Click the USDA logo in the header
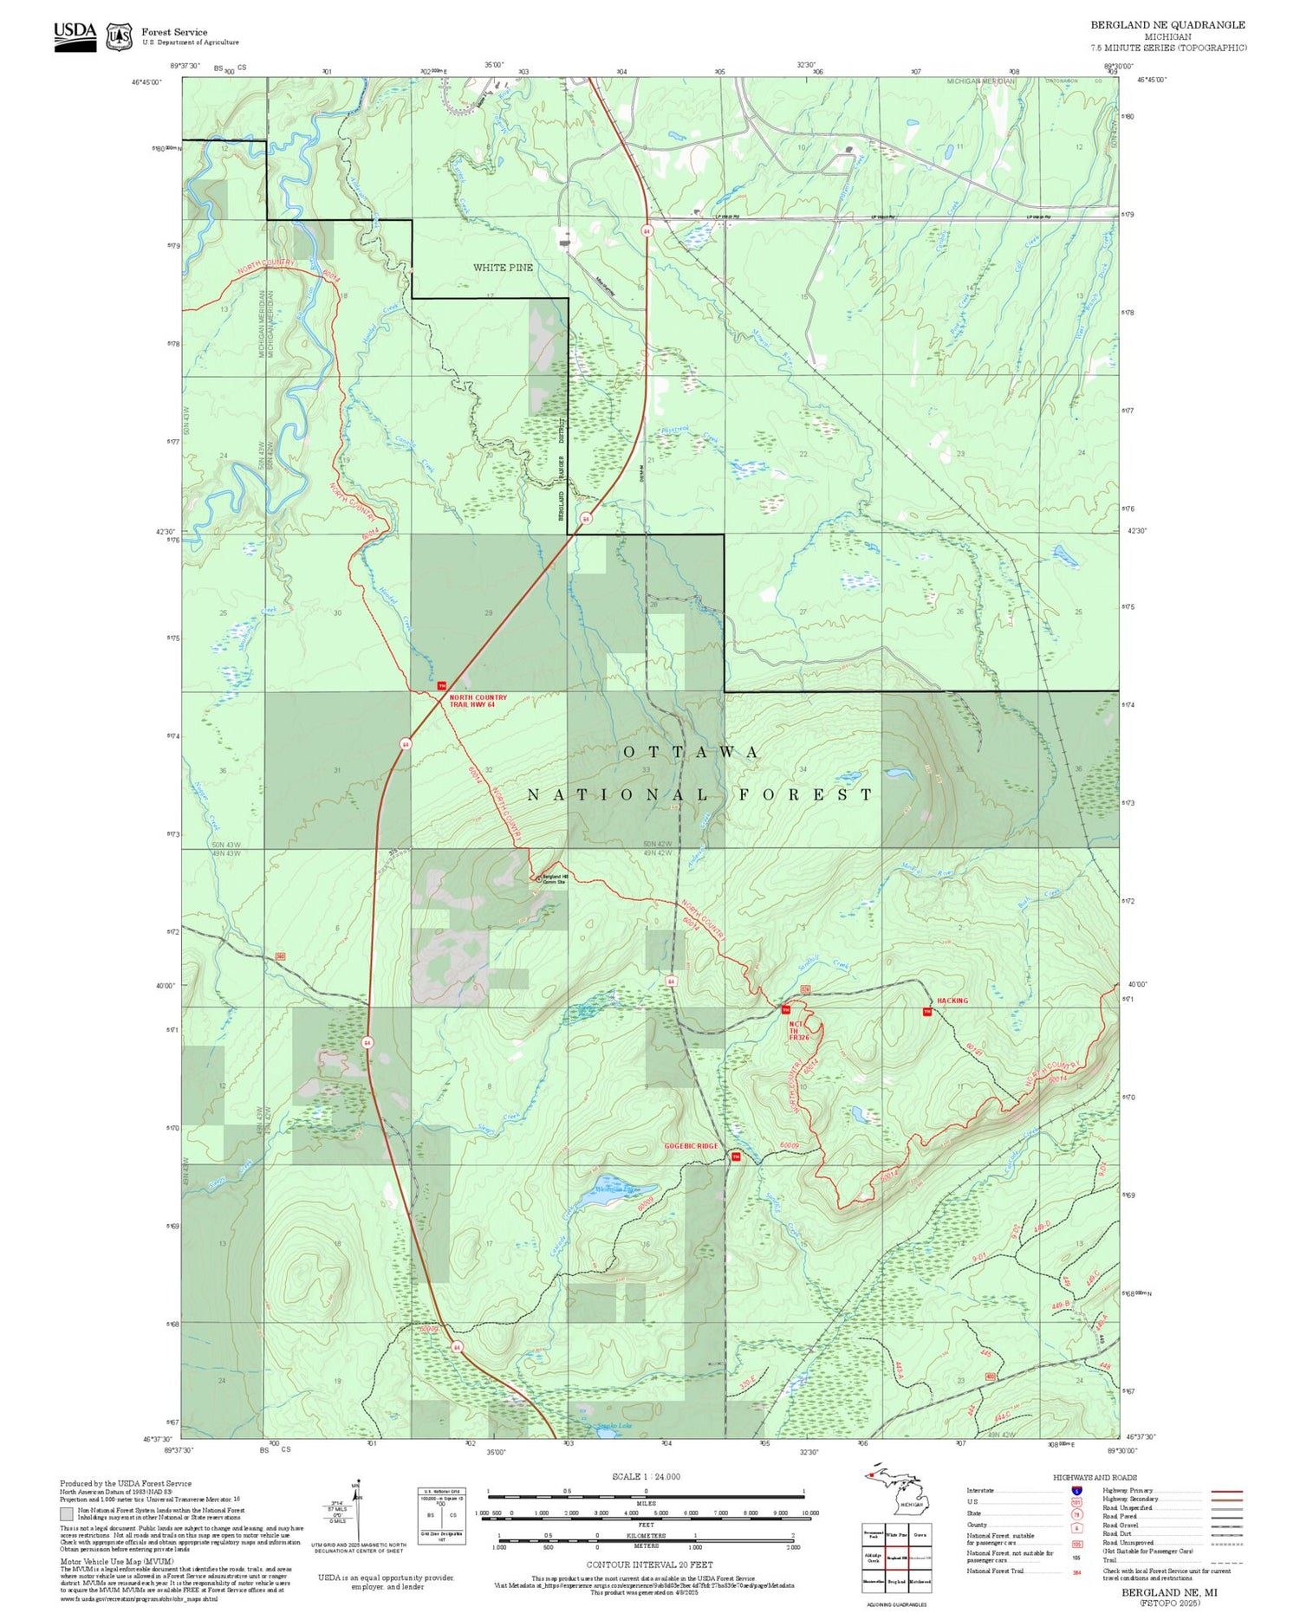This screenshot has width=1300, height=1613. (75, 36)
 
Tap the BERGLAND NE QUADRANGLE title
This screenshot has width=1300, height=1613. (1167, 25)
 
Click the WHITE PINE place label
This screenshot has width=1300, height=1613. (503, 268)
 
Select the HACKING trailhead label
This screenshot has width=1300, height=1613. (952, 1001)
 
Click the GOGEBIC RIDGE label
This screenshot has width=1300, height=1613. (691, 1146)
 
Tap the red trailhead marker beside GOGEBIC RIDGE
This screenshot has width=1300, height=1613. (736, 1156)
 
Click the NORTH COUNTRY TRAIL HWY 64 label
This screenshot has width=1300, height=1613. (478, 701)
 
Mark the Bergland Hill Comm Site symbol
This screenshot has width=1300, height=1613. (538, 878)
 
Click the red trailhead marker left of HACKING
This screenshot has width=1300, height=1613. (926, 1011)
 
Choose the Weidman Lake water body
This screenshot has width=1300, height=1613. (617, 1188)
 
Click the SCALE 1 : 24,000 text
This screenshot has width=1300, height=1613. (646, 1476)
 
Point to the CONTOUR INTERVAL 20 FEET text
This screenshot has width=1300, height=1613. (650, 1564)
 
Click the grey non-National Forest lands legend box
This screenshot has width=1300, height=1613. (67, 1514)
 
